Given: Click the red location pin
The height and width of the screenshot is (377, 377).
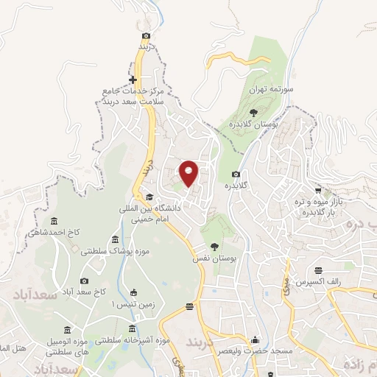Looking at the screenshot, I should pos(189,173).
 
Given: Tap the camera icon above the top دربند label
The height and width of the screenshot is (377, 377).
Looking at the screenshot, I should pos(147,36).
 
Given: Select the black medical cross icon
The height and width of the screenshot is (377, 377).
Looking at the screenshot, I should pos(133,80).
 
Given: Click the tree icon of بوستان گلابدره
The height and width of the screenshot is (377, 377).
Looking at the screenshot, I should pos(253,113).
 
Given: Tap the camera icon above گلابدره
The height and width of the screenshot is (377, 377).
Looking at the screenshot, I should pos(236,174).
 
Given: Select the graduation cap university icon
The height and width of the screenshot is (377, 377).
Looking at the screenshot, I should pos(150,197).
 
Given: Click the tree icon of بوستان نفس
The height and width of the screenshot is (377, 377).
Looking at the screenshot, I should pos(214,247).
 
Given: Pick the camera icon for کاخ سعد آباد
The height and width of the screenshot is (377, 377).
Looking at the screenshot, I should pos(84,281).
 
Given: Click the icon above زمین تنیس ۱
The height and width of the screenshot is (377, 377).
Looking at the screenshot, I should pos(133,292).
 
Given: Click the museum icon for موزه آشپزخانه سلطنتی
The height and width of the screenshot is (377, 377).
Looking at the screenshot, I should pos(133,328).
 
